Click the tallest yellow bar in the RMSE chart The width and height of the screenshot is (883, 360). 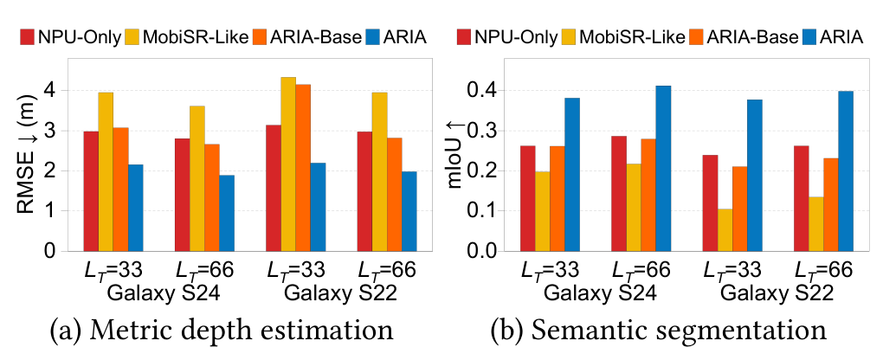[287, 164]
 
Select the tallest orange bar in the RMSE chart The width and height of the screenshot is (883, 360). [303, 168]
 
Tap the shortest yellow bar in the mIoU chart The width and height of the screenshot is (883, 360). [725, 230]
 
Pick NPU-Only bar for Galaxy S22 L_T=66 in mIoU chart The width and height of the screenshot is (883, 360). [802, 198]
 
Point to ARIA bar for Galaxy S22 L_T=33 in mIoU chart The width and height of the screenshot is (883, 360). [755, 175]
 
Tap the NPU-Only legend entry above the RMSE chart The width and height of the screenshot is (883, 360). [70, 38]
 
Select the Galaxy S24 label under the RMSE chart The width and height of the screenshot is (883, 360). [154, 293]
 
